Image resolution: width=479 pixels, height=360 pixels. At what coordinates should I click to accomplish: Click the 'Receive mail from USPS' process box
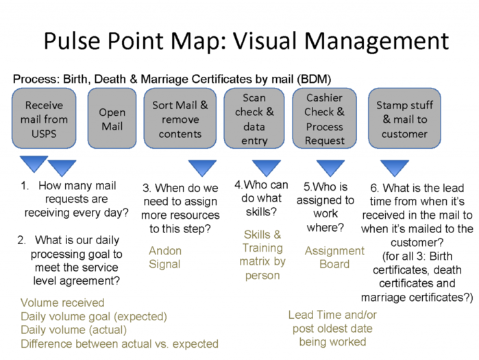[44, 118]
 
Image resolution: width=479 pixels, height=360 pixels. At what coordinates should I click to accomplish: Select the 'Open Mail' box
[112, 118]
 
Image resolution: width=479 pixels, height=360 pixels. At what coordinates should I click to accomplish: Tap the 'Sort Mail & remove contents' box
[180, 118]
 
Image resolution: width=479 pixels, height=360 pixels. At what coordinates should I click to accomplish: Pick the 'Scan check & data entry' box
[254, 118]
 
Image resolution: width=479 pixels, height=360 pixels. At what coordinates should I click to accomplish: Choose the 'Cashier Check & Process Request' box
[324, 118]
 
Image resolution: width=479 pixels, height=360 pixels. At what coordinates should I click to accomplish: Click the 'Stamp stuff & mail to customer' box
[404, 118]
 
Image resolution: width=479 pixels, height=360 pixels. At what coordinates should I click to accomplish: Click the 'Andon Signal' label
[165, 257]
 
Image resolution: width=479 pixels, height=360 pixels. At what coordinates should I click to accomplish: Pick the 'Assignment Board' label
[334, 257]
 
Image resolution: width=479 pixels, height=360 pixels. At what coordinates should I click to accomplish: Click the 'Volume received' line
[62, 302]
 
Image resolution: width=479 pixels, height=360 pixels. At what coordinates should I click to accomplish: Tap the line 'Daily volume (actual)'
[73, 330]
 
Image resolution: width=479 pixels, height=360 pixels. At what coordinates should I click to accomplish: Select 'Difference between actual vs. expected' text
[119, 344]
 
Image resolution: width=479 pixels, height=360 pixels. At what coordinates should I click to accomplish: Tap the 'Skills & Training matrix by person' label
[262, 255]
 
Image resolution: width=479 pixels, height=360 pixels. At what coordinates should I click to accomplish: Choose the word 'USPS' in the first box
[44, 134]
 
